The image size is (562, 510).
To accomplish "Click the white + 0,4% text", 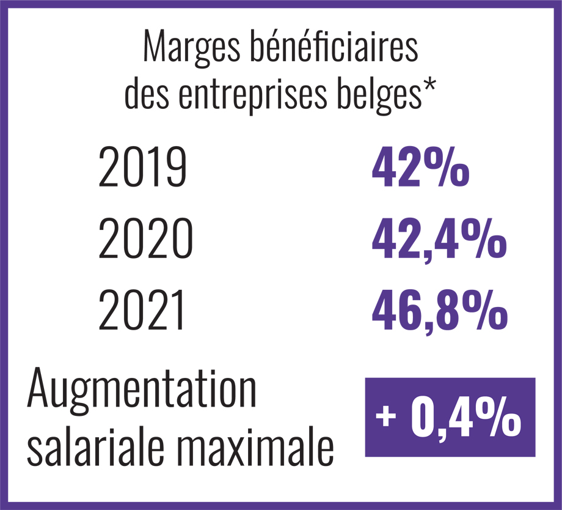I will coord(450,418).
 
